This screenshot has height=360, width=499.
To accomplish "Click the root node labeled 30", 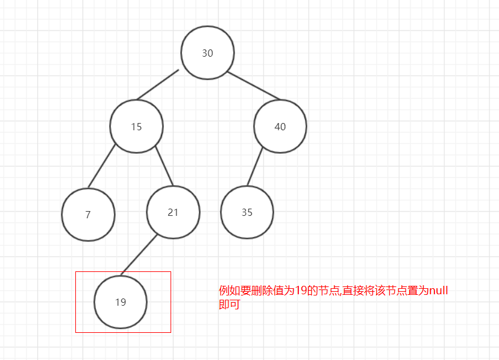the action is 207,53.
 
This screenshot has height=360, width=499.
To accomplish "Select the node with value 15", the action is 136,127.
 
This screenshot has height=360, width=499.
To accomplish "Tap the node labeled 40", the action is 280,127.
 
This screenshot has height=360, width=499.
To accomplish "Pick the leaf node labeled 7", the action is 88,215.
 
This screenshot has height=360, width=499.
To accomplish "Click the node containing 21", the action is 173,212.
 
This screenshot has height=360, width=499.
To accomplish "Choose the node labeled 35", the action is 246,212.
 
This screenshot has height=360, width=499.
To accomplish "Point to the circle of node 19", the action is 121,302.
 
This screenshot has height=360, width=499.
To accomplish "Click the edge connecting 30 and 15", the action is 158,85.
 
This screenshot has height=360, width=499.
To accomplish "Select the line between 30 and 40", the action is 254,85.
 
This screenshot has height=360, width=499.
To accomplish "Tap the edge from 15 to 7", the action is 101,166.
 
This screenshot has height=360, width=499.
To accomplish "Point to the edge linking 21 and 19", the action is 139,255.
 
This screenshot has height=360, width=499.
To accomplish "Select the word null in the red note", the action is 438,291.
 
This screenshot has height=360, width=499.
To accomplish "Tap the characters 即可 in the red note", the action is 229,305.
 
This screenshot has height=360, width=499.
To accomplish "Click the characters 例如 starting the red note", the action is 229,291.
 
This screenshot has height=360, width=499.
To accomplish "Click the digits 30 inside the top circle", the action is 207,53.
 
